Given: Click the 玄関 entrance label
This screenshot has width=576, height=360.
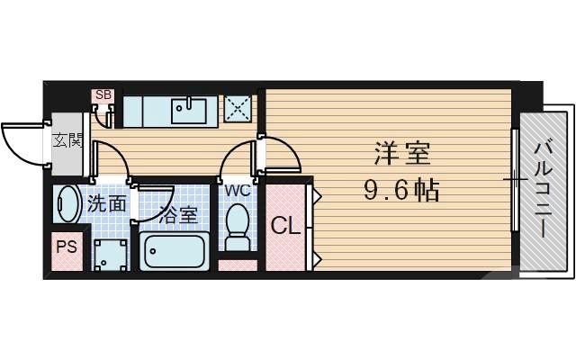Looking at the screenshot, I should point(67,139).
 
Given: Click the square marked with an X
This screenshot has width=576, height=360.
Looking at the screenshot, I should point(238,109).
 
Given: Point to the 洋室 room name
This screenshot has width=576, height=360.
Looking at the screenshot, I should point(402,154).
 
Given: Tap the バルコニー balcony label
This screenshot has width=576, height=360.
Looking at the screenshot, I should point(544,189).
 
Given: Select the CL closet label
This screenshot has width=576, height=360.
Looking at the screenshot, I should point(285,225).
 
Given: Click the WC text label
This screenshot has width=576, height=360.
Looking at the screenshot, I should point(238,190).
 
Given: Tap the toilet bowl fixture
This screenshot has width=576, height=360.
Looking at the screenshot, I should point(238,224).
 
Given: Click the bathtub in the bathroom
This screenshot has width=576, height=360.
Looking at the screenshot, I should point(175,253).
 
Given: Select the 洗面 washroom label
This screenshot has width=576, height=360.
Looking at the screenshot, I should point(107,202).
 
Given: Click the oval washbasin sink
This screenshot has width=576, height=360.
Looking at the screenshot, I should point(67,204).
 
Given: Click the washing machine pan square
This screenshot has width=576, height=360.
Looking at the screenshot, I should point(111,255).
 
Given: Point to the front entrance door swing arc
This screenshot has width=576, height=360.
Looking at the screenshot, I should point(20,144).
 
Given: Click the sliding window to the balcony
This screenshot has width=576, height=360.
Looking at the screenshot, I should point(516,180).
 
